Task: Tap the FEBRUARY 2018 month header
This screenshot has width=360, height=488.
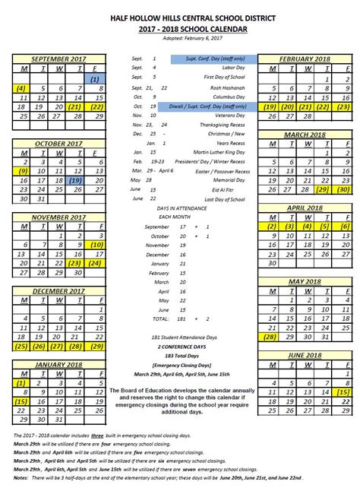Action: pos(303,58)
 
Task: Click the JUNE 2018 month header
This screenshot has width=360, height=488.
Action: pos(303,355)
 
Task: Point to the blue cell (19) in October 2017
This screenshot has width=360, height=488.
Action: pos(76,181)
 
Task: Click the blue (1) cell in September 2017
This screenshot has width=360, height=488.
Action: pos(94,78)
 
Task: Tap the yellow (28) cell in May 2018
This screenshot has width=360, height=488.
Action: pos(269,336)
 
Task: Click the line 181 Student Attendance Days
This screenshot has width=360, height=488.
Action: pos(180,337)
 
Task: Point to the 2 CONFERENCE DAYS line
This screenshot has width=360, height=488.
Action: pos(180,346)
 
